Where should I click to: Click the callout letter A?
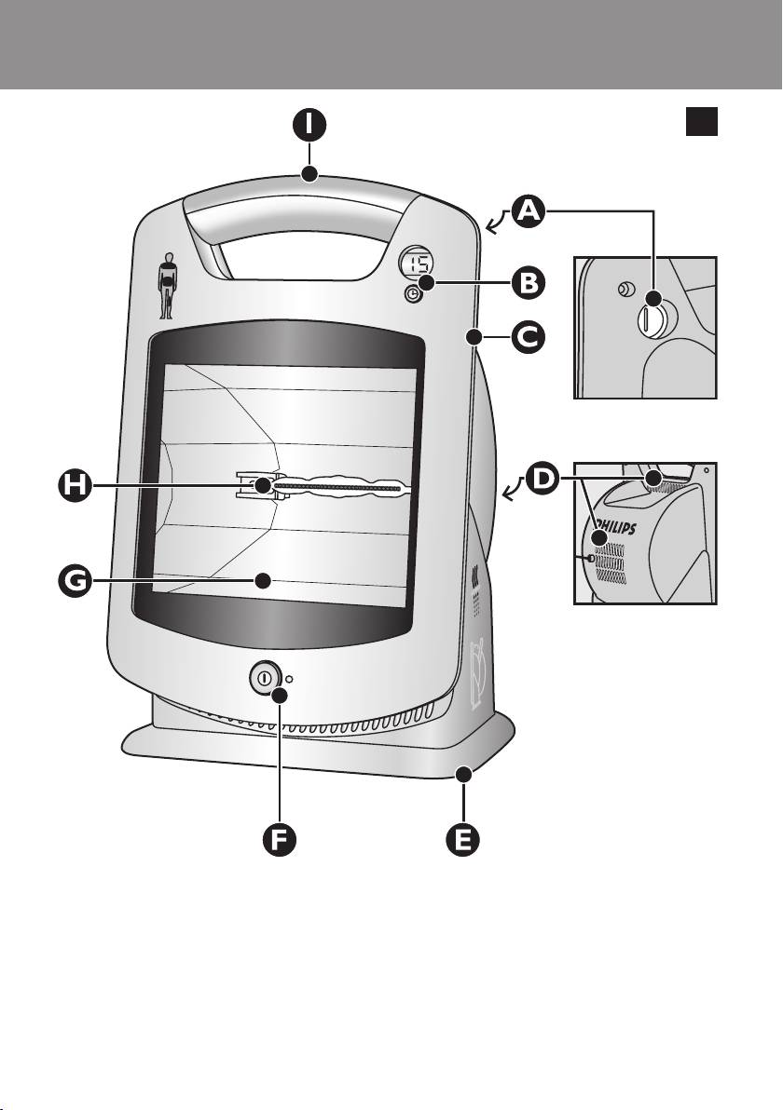point(529,211)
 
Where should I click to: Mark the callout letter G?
point(75,581)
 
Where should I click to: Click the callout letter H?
point(75,486)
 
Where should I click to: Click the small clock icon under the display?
point(411,295)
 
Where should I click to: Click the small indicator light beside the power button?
point(289,678)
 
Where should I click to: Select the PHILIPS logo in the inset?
point(613,527)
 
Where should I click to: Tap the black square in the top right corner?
point(702,121)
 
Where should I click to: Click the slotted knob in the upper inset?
point(649,318)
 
